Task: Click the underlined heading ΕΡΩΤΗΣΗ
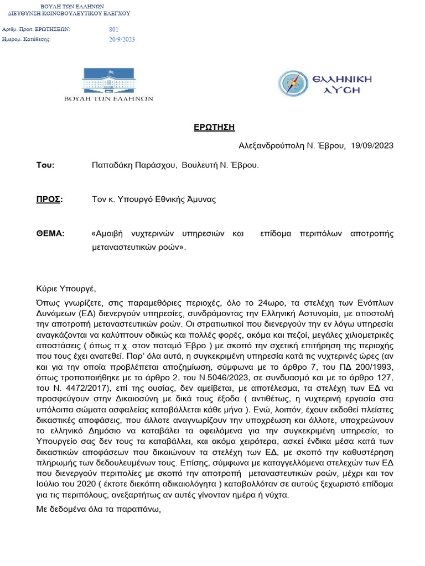(x=214, y=127)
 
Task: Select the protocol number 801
(x=114, y=29)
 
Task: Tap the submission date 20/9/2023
(x=122, y=39)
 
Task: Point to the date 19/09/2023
(x=372, y=145)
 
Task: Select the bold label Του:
(x=45, y=165)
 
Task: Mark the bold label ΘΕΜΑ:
(x=50, y=233)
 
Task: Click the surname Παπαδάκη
(x=111, y=165)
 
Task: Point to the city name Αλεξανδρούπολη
(x=272, y=145)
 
